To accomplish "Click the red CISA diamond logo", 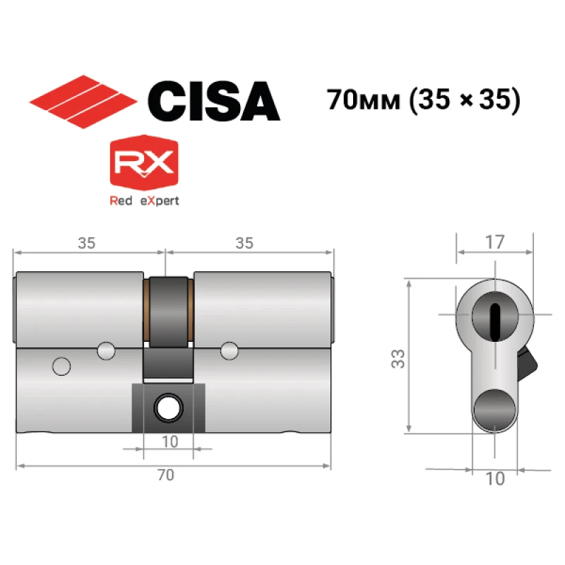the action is click(83, 102).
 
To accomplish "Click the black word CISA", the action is click(214, 101).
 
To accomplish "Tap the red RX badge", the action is click(144, 162).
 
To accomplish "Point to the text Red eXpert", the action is click(144, 201).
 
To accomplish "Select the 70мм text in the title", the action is click(363, 100).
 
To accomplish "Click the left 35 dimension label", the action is click(86, 243).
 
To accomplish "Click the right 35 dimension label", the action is click(244, 243).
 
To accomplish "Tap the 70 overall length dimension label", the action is click(166, 475).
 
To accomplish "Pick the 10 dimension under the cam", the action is click(169, 442).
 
